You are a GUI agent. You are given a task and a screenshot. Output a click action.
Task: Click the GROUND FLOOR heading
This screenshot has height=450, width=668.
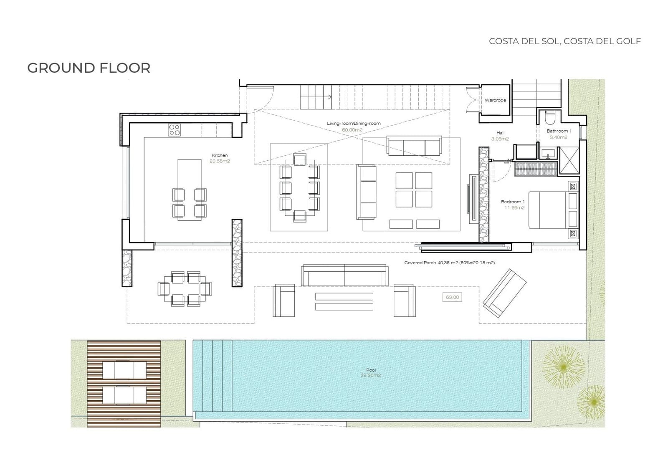point(89,68)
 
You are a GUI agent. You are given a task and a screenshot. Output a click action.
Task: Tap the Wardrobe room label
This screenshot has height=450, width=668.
point(495,100)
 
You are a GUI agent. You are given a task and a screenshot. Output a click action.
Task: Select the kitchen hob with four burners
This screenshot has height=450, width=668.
point(174,130)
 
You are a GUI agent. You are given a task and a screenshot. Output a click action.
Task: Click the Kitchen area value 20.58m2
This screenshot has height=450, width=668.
point(220,161)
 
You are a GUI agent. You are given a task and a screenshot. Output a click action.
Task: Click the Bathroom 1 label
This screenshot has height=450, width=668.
point(559,131)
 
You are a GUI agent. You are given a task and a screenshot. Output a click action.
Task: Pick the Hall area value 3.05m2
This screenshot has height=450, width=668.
point(500,139)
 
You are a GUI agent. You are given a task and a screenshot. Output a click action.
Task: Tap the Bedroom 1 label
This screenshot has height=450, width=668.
point(513,202)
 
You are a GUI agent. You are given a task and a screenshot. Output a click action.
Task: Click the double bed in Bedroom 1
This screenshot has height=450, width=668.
point(553,210)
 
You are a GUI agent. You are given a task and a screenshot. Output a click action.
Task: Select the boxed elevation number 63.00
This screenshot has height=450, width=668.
point(452,297)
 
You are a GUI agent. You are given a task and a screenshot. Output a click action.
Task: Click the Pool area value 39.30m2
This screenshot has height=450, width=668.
point(371,375)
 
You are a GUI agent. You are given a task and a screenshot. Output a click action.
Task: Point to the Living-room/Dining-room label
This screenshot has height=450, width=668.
point(354,124)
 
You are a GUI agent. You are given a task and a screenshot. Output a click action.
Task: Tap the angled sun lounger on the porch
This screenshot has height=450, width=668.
point(505,293)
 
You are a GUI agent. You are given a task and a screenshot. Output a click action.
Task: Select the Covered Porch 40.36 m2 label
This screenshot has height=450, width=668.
point(449,263)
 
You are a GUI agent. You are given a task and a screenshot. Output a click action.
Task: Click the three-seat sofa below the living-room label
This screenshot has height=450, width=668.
point(414,146)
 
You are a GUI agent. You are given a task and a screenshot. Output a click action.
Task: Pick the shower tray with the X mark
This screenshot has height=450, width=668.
point(569,160)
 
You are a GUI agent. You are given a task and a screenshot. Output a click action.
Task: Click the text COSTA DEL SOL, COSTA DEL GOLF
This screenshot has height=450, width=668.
point(565,41)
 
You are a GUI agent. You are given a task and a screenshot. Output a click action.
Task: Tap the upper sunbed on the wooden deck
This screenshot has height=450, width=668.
point(125,370)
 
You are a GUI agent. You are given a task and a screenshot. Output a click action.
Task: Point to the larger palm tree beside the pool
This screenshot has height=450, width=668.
point(563,367)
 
